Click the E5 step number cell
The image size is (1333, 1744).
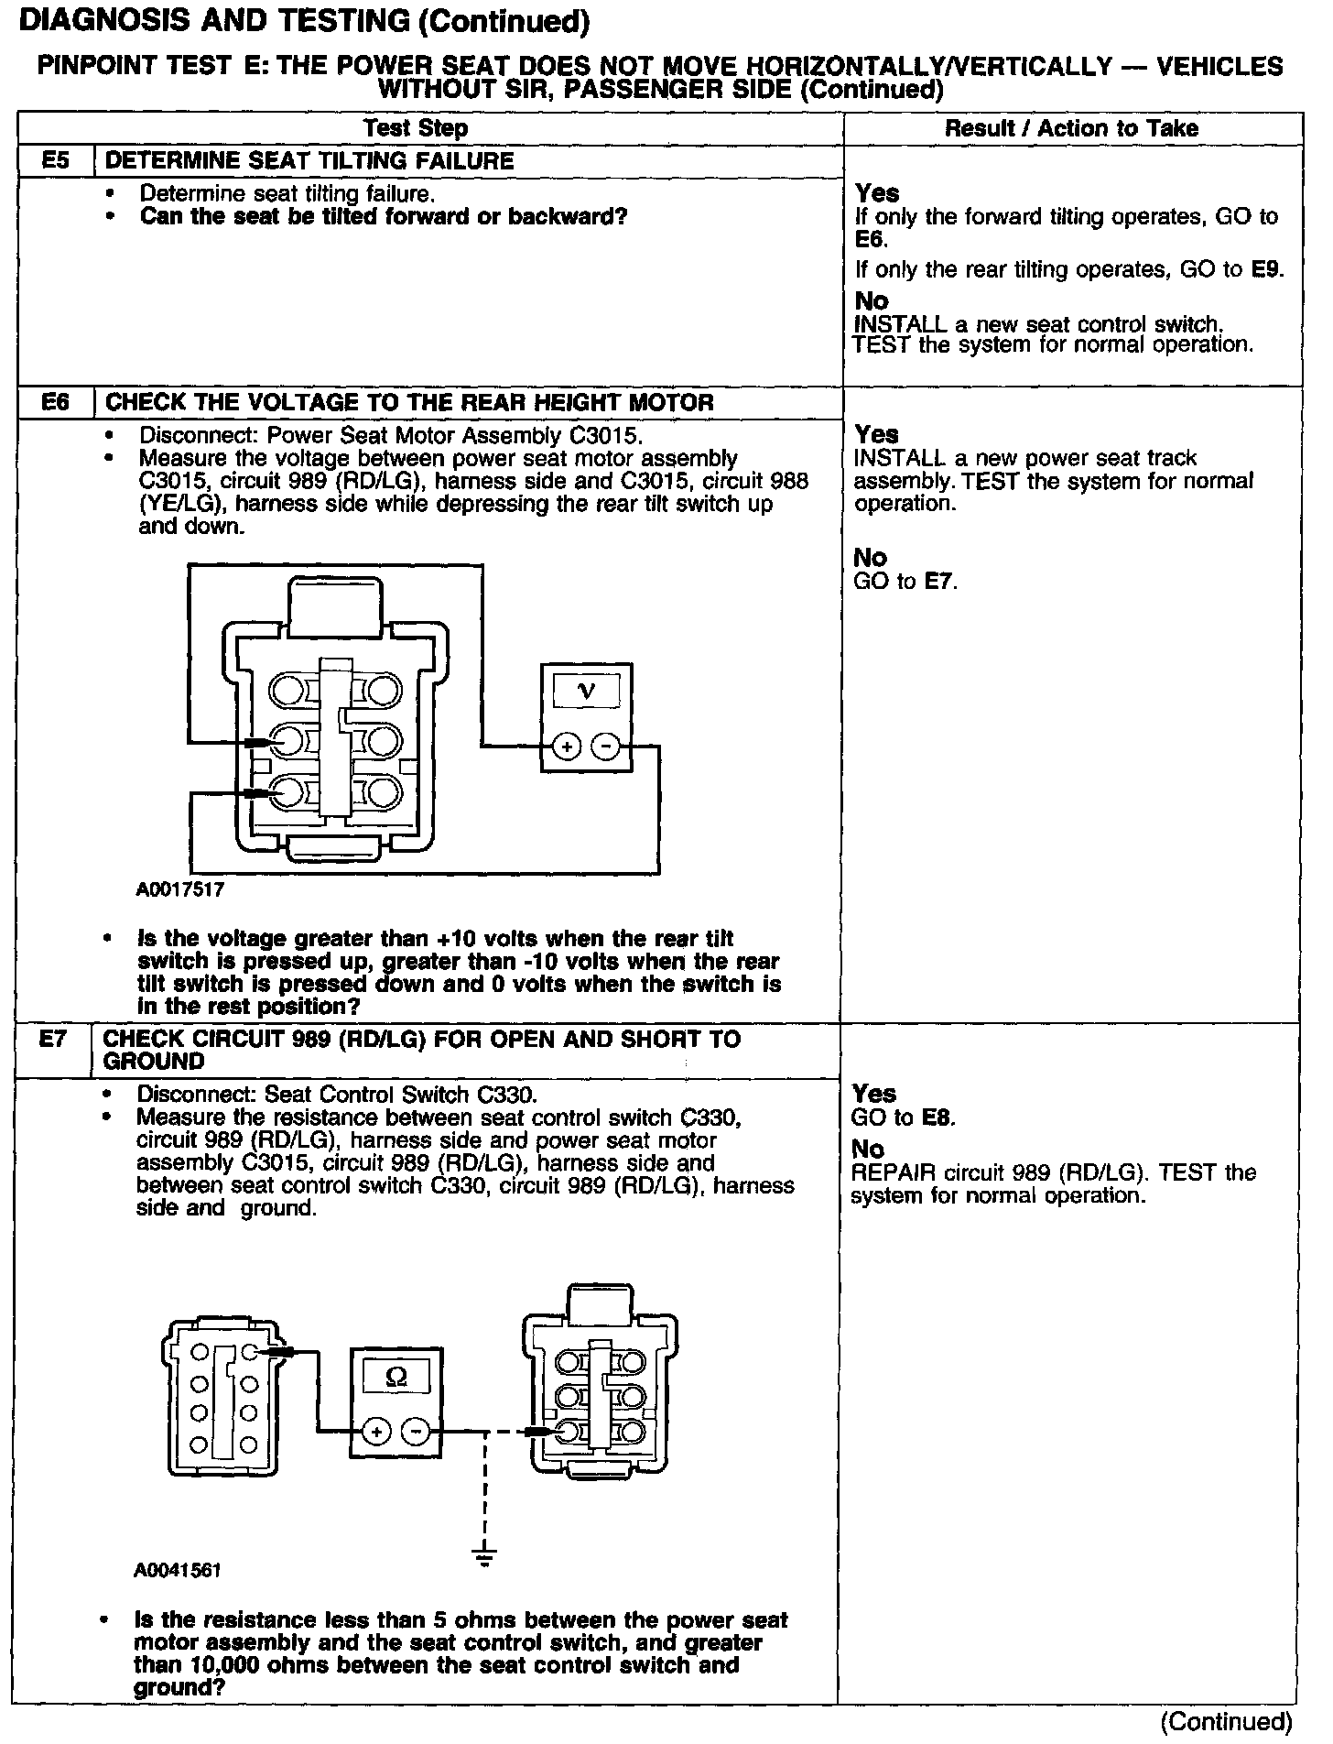pyautogui.click(x=56, y=161)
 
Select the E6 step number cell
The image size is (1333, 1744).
pyautogui.click(x=56, y=402)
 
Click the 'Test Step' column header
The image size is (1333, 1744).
pyautogui.click(x=416, y=128)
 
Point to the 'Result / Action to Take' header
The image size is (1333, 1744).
pyautogui.click(x=1071, y=128)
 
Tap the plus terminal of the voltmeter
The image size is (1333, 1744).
pyautogui.click(x=567, y=747)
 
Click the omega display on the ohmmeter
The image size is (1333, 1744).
pyautogui.click(x=397, y=1377)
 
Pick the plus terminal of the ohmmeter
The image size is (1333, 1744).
pyautogui.click(x=376, y=1431)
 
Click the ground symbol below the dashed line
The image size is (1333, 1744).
pyautogui.click(x=485, y=1553)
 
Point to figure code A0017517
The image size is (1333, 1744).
pyautogui.click(x=180, y=888)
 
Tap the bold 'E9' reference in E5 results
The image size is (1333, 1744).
pyautogui.click(x=1269, y=269)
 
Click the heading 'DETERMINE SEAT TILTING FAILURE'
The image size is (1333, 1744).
pyautogui.click(x=309, y=161)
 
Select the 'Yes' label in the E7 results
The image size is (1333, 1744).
pyautogui.click(x=874, y=1094)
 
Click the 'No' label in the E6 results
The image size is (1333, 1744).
pyautogui.click(x=871, y=558)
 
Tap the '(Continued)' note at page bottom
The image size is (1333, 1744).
pyautogui.click(x=1226, y=1721)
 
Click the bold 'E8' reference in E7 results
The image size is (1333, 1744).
pyautogui.click(x=938, y=1117)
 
